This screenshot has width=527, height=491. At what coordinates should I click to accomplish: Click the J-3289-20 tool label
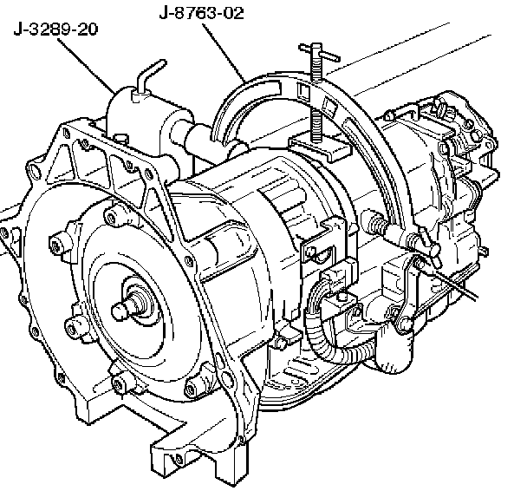55,29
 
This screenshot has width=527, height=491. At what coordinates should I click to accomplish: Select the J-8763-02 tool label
201,13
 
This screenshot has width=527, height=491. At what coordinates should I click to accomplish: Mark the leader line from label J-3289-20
86,65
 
